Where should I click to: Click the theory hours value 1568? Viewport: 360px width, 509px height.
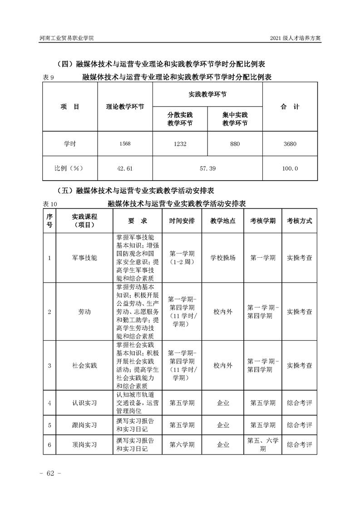(x=125, y=144)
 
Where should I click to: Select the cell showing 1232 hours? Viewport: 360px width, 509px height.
(x=180, y=144)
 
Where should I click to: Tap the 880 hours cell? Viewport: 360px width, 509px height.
(x=235, y=144)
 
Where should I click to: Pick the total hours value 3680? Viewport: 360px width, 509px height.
(x=290, y=144)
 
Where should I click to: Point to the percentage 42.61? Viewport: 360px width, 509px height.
(x=125, y=168)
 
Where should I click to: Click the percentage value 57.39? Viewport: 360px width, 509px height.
(x=207, y=168)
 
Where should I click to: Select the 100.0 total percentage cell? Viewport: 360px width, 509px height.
(x=290, y=168)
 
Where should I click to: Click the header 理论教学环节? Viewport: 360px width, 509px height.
(x=125, y=107)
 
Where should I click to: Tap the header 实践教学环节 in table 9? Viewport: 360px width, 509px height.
(x=207, y=94)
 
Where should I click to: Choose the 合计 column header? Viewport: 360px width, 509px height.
(x=290, y=107)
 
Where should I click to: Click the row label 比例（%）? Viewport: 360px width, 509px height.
(x=69, y=168)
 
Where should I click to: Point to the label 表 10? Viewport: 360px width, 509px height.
(x=49, y=205)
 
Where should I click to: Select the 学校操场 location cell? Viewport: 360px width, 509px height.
(x=223, y=257)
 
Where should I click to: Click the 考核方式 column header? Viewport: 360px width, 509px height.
(x=299, y=220)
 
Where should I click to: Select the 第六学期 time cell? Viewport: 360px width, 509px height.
(x=182, y=445)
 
